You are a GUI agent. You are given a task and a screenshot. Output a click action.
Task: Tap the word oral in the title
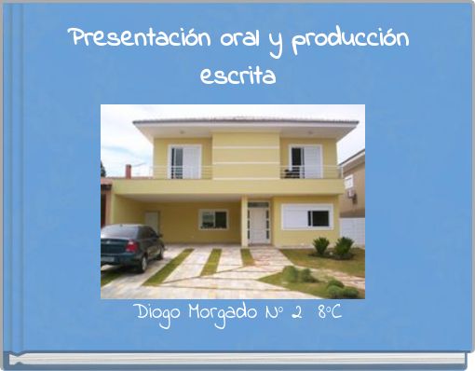(204, 40)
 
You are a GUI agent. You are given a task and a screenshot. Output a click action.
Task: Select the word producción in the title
(349, 42)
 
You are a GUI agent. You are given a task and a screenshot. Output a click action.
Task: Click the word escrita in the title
(237, 76)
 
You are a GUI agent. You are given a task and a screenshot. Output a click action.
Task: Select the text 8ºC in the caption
(329, 310)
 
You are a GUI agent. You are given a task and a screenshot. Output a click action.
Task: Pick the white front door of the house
(258, 225)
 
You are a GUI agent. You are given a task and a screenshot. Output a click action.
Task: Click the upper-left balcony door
(183, 161)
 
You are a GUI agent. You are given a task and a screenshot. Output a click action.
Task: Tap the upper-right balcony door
(305, 160)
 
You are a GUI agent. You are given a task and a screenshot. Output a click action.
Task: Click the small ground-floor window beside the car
(212, 219)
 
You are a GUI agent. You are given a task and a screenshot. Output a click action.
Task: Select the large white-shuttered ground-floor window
(307, 217)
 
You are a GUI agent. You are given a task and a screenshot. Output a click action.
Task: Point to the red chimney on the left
(128, 171)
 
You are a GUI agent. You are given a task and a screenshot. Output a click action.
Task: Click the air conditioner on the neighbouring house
(350, 184)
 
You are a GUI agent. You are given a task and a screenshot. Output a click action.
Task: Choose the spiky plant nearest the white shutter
(321, 246)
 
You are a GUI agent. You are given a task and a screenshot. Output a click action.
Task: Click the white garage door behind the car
(152, 220)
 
